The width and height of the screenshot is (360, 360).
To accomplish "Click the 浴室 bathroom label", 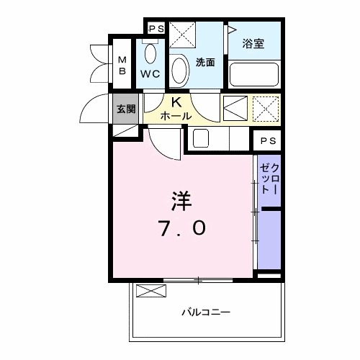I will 253,43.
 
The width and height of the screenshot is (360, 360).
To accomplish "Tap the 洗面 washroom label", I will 206,62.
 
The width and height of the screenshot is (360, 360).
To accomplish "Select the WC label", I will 150,74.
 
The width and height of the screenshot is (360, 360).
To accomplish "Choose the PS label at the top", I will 156,28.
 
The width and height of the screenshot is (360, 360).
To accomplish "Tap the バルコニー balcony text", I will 205,312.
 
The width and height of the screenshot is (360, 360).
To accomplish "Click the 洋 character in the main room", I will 181,199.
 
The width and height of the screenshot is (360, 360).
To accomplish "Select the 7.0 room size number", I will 182,228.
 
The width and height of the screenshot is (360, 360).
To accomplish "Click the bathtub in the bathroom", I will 253,74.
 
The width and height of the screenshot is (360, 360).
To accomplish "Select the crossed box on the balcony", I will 150,292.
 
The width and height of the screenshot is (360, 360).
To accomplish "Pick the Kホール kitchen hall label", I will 175,109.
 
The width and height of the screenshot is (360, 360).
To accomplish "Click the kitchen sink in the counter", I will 201,138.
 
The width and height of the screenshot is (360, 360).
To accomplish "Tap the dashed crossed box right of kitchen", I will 266,109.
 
